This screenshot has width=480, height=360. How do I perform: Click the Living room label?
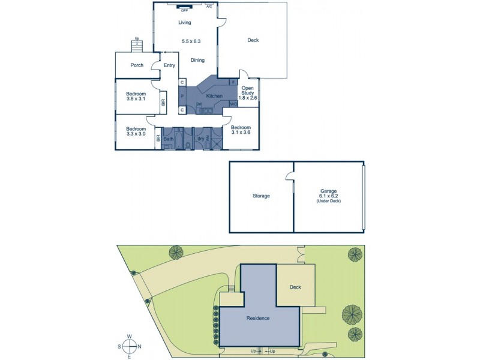pyautogui.click(x=184, y=23)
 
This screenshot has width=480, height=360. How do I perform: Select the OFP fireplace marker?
pyautogui.click(x=184, y=10)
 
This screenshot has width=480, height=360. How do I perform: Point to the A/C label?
pyautogui.click(x=209, y=7)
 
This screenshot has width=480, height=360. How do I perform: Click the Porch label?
pyautogui.click(x=137, y=65)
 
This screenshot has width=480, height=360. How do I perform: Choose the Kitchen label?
pyautogui.click(x=214, y=96)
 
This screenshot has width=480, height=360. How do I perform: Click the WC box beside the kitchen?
pyautogui.click(x=233, y=104)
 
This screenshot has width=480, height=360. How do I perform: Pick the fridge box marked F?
pyautogui.click(x=233, y=82)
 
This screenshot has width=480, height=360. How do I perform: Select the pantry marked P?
pyautogui.click(x=182, y=96)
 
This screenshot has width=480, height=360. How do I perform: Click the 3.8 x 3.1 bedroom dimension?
pyautogui.click(x=136, y=99)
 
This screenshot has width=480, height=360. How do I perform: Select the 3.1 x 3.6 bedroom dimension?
pyautogui.click(x=241, y=134)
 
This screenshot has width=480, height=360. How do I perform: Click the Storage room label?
pyautogui.click(x=261, y=196)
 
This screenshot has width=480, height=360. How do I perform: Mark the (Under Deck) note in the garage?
pyautogui.click(x=328, y=200)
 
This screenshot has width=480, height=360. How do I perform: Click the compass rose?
pyautogui.click(x=129, y=346)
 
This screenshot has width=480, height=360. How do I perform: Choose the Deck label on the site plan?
pyautogui.click(x=295, y=287)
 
